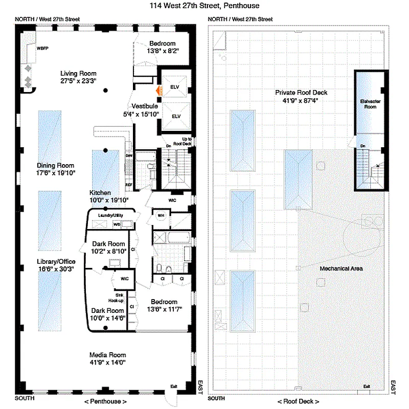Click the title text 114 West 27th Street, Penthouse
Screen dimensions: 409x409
point(204,6)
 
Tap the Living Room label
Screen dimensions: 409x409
point(78,73)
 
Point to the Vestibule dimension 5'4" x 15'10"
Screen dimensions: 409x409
point(142,114)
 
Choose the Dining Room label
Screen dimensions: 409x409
point(55,166)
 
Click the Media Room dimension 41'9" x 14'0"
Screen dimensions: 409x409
point(108,362)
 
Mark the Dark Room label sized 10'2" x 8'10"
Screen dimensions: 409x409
point(108,243)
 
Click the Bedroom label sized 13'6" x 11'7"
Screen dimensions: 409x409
point(164,302)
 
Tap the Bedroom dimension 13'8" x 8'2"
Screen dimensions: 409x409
point(162,51)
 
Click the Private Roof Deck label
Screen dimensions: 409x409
point(301,93)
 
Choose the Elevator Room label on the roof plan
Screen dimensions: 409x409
point(368,104)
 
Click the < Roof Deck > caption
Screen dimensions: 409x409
point(301,401)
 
